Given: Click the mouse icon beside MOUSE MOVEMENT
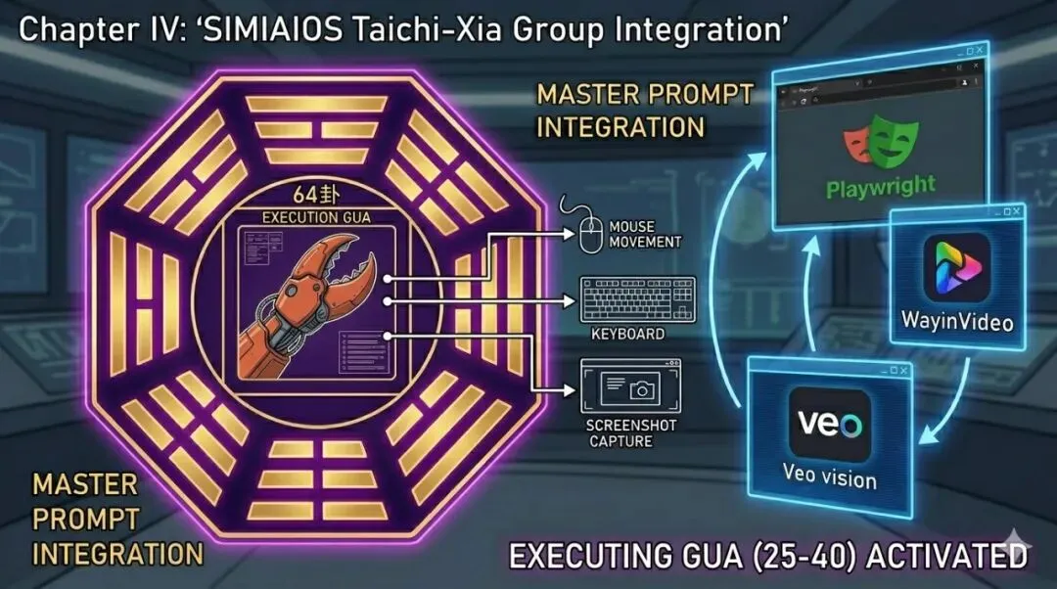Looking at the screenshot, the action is [588, 235].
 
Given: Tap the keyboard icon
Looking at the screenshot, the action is [637, 299].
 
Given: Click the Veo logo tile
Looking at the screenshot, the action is [829, 425].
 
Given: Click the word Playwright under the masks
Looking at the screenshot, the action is [880, 186].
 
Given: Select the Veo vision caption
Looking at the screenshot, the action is [830, 479].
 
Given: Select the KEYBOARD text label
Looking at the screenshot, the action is [627, 335].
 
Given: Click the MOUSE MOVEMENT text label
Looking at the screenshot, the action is [645, 233].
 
